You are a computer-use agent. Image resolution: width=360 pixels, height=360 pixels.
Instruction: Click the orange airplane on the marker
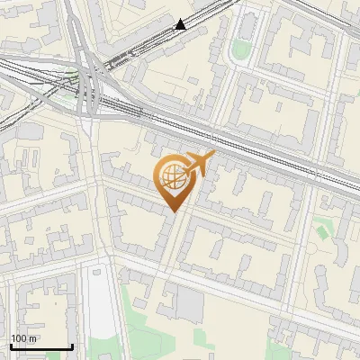click(x=200, y=164)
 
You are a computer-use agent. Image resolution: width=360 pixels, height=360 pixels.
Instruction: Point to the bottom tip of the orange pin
click(x=171, y=212)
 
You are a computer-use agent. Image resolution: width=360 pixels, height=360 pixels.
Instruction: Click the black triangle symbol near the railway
click(x=182, y=24)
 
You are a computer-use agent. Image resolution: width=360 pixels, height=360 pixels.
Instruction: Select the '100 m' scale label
click(x=24, y=337)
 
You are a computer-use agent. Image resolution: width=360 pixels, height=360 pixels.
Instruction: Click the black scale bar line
click(x=41, y=346)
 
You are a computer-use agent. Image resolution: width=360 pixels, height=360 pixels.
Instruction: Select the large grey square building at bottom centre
click(x=190, y=304)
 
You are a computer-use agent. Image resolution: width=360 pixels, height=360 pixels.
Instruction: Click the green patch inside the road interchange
click(x=72, y=76)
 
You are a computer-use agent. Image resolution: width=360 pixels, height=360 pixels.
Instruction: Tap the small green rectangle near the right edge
click(x=322, y=232)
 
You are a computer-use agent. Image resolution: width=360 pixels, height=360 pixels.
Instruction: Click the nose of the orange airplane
click(x=214, y=155)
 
